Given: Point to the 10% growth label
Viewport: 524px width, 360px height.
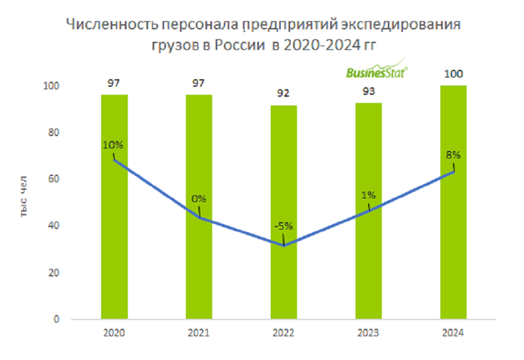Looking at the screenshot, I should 114,144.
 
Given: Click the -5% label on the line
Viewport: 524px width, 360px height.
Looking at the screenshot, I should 283,226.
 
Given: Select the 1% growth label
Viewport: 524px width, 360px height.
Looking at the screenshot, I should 368,195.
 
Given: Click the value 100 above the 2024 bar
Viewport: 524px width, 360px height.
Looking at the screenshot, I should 453,75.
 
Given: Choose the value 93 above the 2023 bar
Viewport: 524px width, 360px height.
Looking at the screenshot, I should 368,92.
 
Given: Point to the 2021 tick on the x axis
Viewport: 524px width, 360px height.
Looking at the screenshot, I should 198,333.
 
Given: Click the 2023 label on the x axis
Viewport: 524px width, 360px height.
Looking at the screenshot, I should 368,333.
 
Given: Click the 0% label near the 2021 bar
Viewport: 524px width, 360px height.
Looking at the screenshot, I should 198,199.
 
